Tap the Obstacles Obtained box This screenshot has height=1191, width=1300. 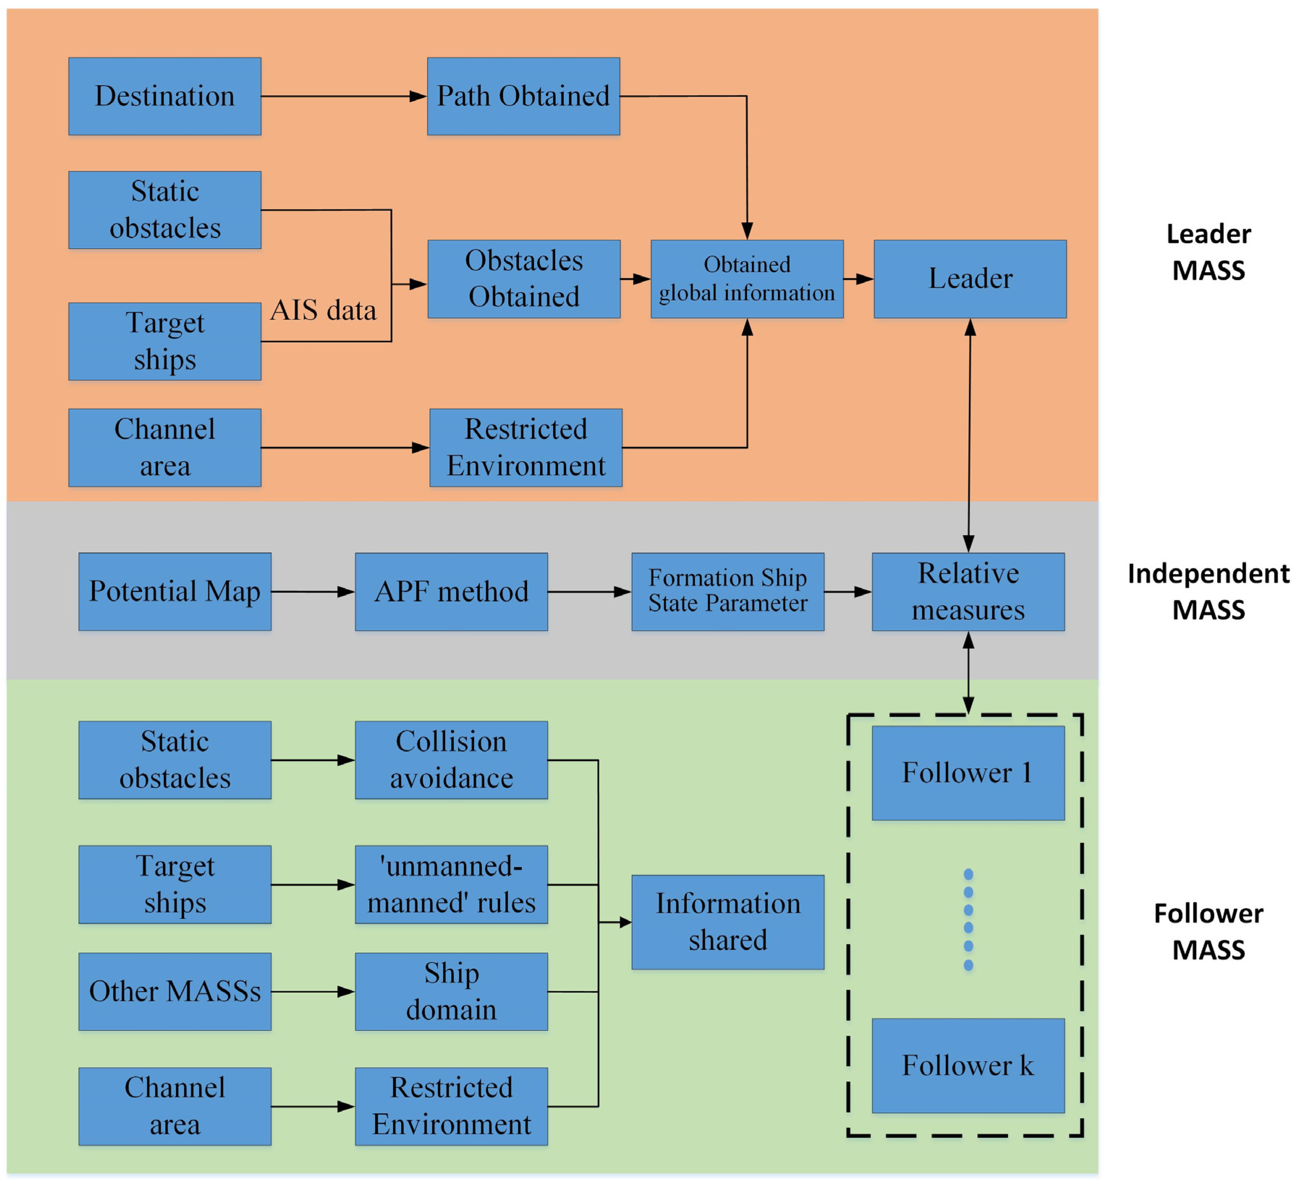pyautogui.click(x=524, y=279)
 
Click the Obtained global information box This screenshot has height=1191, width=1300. pyautogui.click(x=747, y=279)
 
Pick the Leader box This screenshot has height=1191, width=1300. pyautogui.click(x=970, y=279)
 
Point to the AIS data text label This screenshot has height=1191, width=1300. pyautogui.click(x=323, y=310)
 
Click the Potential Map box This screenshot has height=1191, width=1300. pyautogui.click(x=175, y=591)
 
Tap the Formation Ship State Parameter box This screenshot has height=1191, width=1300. pyautogui.click(x=727, y=591)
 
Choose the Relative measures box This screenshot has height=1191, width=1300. pyautogui.click(x=968, y=591)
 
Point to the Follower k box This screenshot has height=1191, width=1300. pyautogui.click(x=968, y=1065)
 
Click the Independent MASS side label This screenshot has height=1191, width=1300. pyautogui.click(x=1208, y=591)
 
